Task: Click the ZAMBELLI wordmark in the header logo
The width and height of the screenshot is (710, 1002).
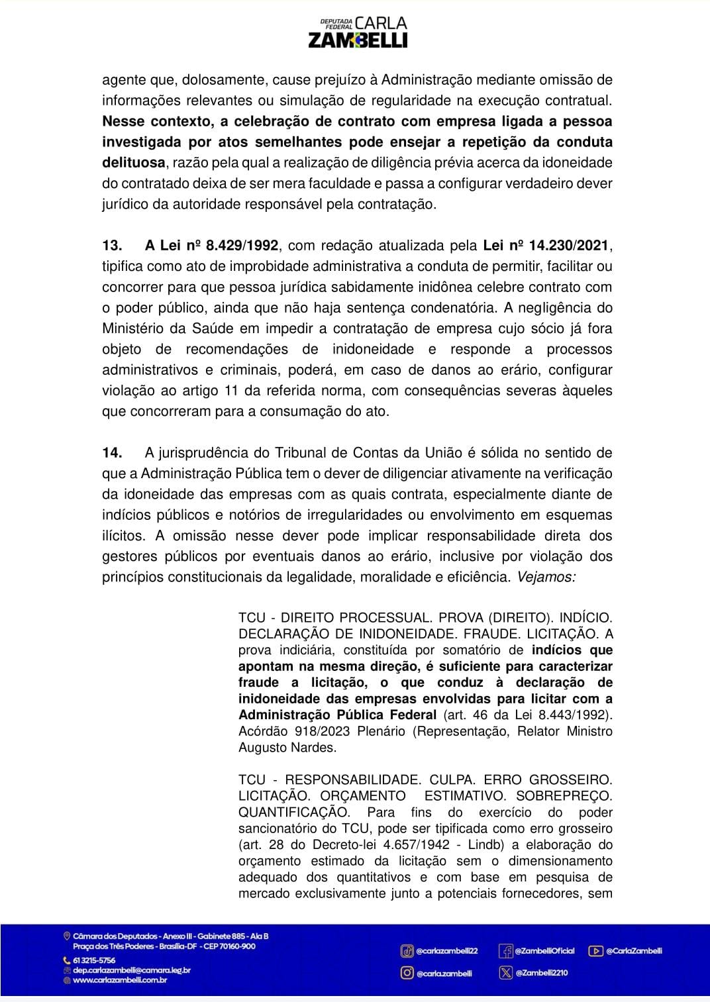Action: [358, 40]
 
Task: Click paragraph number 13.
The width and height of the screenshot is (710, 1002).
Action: [112, 246]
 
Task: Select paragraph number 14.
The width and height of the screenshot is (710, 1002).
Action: [112, 453]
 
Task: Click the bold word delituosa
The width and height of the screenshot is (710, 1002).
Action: [133, 163]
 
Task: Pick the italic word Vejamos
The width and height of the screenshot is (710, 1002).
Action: [545, 577]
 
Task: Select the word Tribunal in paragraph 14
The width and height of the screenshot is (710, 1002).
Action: [303, 453]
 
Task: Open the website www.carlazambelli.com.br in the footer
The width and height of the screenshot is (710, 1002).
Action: [120, 980]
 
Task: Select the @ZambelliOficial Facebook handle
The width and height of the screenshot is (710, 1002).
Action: [544, 951]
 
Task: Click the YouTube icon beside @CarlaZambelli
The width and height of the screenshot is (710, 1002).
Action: [595, 951]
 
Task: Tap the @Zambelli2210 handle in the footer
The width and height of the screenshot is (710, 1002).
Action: [541, 973]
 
